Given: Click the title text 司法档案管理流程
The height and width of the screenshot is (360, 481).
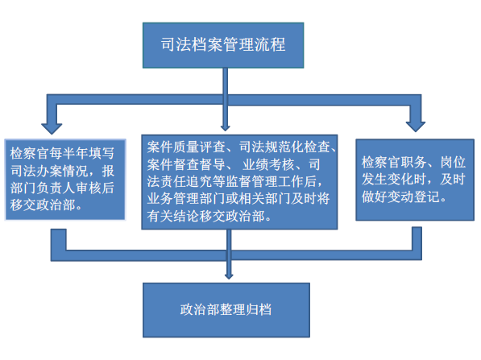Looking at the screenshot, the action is (x=223, y=45).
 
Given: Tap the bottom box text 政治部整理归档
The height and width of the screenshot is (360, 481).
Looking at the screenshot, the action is (x=226, y=309).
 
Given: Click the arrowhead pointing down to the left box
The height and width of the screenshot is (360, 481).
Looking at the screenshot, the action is (x=52, y=129).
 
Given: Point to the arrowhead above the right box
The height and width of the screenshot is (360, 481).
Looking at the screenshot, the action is (x=416, y=126).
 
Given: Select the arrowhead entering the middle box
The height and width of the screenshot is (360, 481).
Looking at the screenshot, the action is (x=225, y=128).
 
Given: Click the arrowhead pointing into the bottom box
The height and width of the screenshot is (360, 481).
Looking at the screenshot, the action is (x=229, y=276).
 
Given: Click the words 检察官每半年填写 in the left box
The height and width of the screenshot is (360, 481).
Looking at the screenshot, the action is (x=62, y=153).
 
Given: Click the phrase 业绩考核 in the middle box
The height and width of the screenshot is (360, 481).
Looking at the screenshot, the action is (x=268, y=164).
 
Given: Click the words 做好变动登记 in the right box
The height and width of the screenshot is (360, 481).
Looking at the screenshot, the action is (x=400, y=197).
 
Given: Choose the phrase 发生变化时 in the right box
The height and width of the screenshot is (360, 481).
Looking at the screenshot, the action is (x=394, y=179).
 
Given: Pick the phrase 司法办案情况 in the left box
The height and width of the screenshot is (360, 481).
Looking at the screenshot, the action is (x=49, y=171).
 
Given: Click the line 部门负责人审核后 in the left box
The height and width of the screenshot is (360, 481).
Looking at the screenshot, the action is (x=62, y=188).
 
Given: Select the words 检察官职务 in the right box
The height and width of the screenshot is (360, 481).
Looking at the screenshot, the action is (x=394, y=162).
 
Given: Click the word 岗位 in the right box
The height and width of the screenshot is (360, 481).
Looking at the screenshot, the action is (x=453, y=162).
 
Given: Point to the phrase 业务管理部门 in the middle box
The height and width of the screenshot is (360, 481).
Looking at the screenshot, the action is (x=186, y=199).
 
